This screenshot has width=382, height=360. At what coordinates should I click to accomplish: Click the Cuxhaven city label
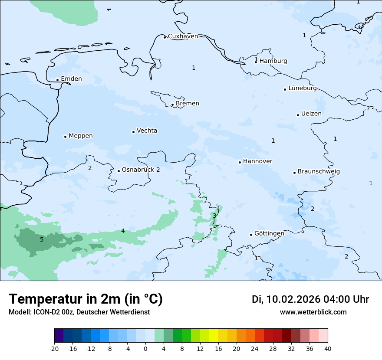[183, 36]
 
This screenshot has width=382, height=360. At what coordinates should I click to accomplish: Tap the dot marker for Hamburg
[256, 62]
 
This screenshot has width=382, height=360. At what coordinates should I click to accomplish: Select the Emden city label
[71, 79]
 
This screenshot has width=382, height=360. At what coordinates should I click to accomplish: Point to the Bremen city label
[188, 104]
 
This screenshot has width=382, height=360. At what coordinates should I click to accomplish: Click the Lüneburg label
[303, 88]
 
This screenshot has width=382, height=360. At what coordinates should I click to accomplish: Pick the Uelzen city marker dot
[298, 115]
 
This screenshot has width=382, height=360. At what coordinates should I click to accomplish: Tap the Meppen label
[81, 136]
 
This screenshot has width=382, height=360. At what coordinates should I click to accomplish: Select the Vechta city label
[147, 131]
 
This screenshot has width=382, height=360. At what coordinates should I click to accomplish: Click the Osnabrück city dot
[119, 171]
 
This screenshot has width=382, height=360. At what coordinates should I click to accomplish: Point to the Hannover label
[257, 161]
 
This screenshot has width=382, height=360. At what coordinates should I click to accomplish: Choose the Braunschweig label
[319, 172]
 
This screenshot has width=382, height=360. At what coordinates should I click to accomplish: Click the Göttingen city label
[269, 234]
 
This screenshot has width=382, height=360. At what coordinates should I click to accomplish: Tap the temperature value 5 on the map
[42, 240]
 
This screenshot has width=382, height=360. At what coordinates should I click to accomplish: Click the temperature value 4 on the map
[123, 231]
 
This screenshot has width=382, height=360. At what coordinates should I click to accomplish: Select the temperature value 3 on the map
[214, 216]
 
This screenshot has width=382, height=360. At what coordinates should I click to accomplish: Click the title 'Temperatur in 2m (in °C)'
[86, 299]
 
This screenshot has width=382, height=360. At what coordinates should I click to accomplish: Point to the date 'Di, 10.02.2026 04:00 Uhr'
[310, 299]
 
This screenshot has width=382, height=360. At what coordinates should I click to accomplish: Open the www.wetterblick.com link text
[313, 312]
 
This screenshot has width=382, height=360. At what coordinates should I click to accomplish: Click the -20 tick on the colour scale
[54, 348]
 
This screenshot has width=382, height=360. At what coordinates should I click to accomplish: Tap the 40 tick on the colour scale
[328, 348]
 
